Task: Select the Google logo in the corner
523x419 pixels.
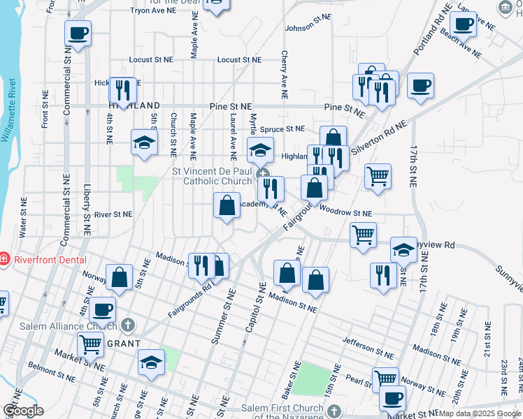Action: tap(23, 411)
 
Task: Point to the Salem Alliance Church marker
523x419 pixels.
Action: tap(127, 325)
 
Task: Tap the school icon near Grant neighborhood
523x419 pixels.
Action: tap(150, 363)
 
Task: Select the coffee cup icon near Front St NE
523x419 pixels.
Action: tap(78, 33)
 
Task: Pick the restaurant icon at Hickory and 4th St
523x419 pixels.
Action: tap(122, 90)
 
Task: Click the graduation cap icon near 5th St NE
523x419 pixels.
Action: tap(144, 143)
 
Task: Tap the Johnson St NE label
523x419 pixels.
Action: tap(307, 28)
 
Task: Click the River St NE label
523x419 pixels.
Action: tap(113, 214)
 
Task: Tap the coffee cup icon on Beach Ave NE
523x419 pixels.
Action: tap(462, 24)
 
